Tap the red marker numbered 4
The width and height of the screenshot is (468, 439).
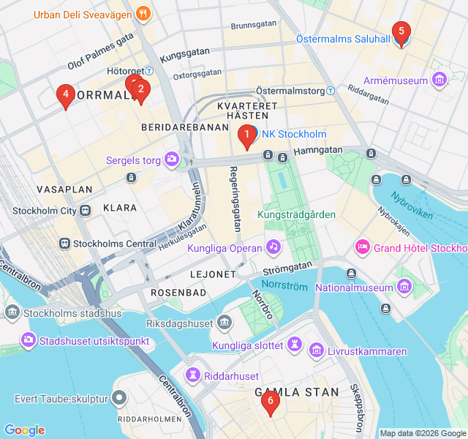point(66,95)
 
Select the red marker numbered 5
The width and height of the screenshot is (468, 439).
point(401,32)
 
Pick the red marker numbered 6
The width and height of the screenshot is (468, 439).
point(271,402)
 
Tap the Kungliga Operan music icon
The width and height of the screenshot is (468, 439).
point(273,247)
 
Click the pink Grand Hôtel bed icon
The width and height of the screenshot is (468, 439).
point(361,247)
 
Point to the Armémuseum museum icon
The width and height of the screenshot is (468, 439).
point(439,80)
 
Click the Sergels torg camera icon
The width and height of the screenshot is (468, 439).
point(172,159)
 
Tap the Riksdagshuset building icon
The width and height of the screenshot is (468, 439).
point(224,323)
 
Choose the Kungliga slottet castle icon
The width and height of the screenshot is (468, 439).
point(295,345)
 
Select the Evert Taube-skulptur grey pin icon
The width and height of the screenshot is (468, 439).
point(120,399)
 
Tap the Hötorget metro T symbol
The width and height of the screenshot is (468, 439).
point(148,71)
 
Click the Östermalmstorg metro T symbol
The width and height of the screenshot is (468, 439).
point(330,91)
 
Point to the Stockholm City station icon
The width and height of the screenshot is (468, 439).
point(86,211)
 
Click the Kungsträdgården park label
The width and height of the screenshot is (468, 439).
point(296,214)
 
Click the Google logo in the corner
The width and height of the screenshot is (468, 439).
point(24,430)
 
